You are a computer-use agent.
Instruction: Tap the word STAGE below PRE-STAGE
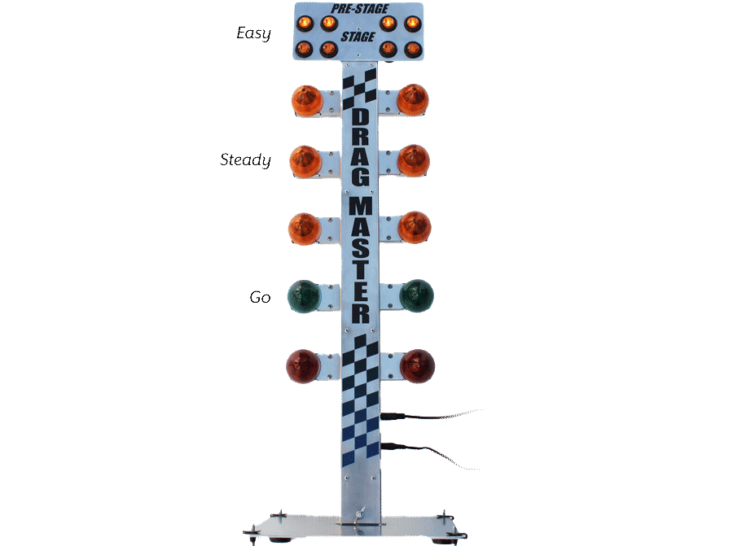(x=358, y=37)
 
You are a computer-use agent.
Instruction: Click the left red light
(x=303, y=365)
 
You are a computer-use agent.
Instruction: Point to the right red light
(x=417, y=365)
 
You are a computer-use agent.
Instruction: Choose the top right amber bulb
(x=412, y=98)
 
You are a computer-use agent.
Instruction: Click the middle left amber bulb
(x=307, y=162)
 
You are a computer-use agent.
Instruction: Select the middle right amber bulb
(x=413, y=160)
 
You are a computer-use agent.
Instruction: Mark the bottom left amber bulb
(x=307, y=229)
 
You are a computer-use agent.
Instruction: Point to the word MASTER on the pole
(x=360, y=259)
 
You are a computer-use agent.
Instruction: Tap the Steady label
(x=245, y=160)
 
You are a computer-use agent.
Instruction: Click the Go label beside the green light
(x=259, y=298)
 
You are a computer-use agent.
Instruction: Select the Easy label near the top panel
(x=253, y=33)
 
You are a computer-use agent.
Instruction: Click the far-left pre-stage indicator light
(x=305, y=22)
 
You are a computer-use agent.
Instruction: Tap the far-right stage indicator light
(x=411, y=49)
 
